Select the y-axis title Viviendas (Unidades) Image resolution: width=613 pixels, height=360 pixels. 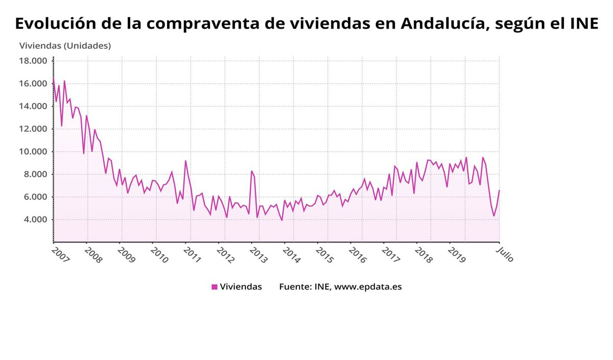tap(65, 45)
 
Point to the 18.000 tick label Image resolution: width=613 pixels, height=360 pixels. tap(33, 61)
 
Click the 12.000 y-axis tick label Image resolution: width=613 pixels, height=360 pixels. tap(33, 129)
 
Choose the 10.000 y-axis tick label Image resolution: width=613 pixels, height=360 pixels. tap(33, 152)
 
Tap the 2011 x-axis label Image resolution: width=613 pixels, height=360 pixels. tap(192, 254)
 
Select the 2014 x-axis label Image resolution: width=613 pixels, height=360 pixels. tap(291, 254)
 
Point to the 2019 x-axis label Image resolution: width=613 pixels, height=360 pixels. tap(456, 254)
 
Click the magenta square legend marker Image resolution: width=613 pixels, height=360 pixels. tap(215, 287)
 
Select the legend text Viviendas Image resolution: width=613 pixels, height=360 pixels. tap(241, 287)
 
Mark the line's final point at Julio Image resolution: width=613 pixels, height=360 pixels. tap(499, 190)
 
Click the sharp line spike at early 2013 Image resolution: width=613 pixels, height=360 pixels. tap(251, 171)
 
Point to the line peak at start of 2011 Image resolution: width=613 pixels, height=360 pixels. tap(185, 161)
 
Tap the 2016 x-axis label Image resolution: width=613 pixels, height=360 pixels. tap(357, 254)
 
